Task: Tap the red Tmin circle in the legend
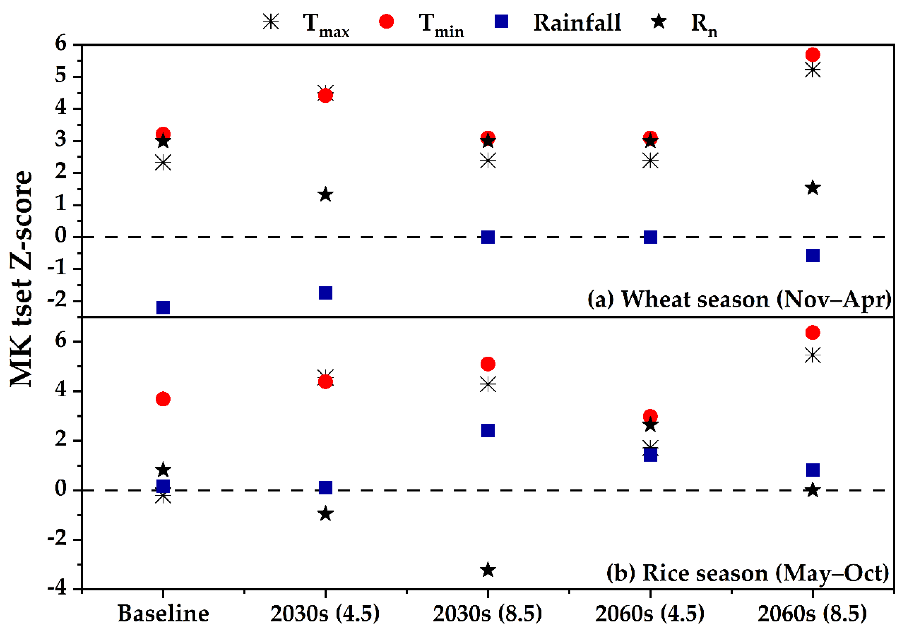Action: click(x=386, y=21)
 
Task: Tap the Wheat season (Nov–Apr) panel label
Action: click(x=739, y=300)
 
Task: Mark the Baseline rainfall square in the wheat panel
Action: click(x=163, y=307)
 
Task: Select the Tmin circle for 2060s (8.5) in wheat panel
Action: click(x=813, y=54)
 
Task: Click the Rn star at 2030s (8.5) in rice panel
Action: click(x=488, y=570)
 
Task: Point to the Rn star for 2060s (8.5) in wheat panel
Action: click(x=813, y=188)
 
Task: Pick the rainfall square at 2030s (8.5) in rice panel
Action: click(x=488, y=430)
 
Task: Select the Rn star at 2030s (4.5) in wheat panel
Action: click(x=325, y=194)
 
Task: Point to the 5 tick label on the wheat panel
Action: click(x=61, y=76)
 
